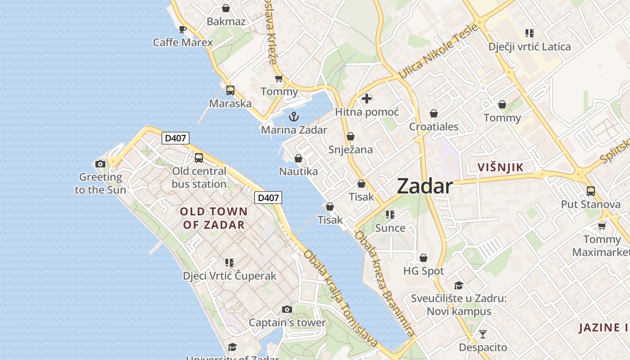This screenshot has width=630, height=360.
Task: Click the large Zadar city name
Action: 424,186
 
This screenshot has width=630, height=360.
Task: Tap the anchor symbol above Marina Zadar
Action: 293,117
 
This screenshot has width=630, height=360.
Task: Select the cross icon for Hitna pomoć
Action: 367,98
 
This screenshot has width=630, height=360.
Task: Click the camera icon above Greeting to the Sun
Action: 100,164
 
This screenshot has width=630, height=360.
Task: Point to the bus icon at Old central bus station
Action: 199,158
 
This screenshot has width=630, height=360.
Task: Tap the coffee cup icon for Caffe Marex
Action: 182,30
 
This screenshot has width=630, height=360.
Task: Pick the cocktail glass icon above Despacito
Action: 483,334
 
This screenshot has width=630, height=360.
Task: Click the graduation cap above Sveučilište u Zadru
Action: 459,285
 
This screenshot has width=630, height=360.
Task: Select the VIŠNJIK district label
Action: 500,168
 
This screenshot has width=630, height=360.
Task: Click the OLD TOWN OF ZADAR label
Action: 214,218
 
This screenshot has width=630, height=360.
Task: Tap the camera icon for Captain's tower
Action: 287,310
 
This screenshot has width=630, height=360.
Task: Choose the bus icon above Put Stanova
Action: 590,191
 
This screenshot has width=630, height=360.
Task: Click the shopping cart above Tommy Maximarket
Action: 602,226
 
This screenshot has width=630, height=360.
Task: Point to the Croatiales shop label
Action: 433,126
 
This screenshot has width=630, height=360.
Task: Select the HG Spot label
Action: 423,271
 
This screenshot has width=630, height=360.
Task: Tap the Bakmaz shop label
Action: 226,21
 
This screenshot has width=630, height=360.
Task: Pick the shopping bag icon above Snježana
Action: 351,136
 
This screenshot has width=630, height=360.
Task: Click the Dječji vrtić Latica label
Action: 529,47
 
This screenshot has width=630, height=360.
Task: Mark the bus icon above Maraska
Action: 230,90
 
